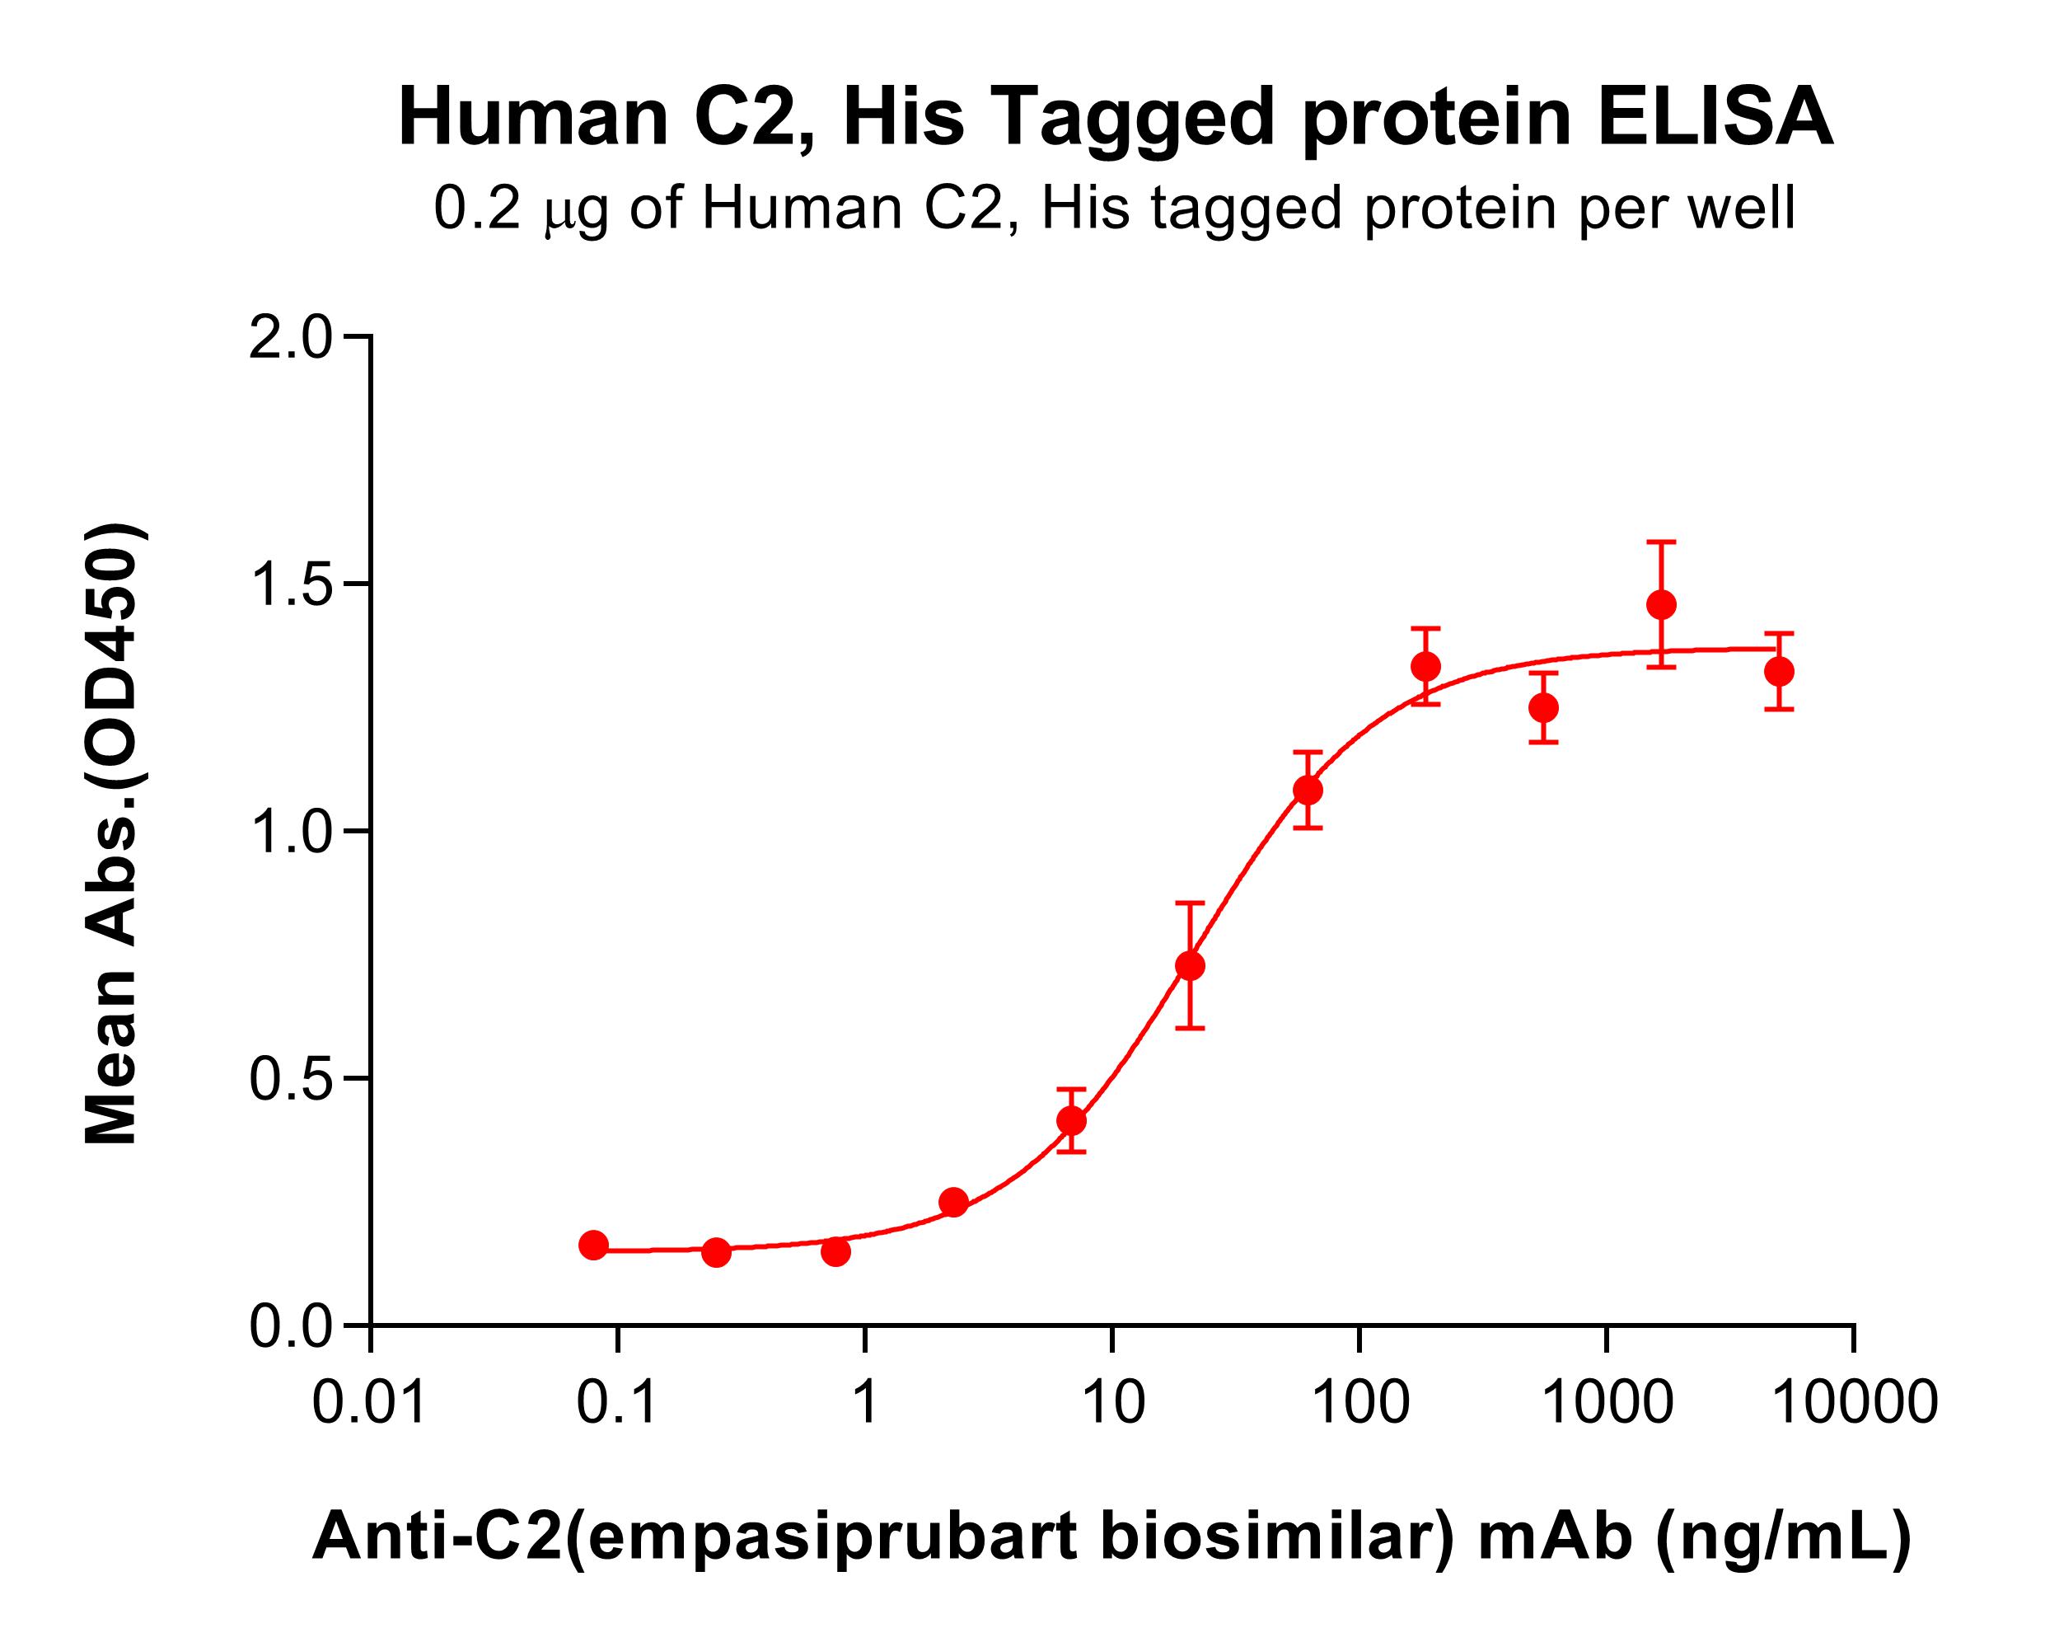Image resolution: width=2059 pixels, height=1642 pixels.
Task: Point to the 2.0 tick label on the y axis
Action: pyautogui.click(x=288, y=338)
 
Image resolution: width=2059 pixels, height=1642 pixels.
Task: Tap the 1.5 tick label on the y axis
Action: pyautogui.click(x=288, y=585)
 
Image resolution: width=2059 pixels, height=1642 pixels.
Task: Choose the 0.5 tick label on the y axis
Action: pyautogui.click(x=288, y=1079)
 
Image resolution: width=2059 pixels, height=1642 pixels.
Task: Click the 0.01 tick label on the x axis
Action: pyautogui.click(x=370, y=1403)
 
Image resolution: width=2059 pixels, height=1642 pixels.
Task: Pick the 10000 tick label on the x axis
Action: pyautogui.click(x=1854, y=1403)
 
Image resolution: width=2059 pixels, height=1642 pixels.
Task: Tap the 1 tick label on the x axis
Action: pyautogui.click(x=865, y=1403)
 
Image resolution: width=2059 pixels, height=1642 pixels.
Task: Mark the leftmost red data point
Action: pyautogui.click(x=593, y=1245)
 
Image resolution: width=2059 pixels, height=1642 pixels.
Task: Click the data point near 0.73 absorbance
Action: pyautogui.click(x=1189, y=966)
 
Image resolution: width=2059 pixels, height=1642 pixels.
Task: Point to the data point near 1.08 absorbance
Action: pyautogui.click(x=1308, y=791)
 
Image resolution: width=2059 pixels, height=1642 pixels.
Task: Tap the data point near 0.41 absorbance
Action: pyautogui.click(x=1071, y=1120)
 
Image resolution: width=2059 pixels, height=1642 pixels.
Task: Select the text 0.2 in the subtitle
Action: pyautogui.click(x=475, y=209)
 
